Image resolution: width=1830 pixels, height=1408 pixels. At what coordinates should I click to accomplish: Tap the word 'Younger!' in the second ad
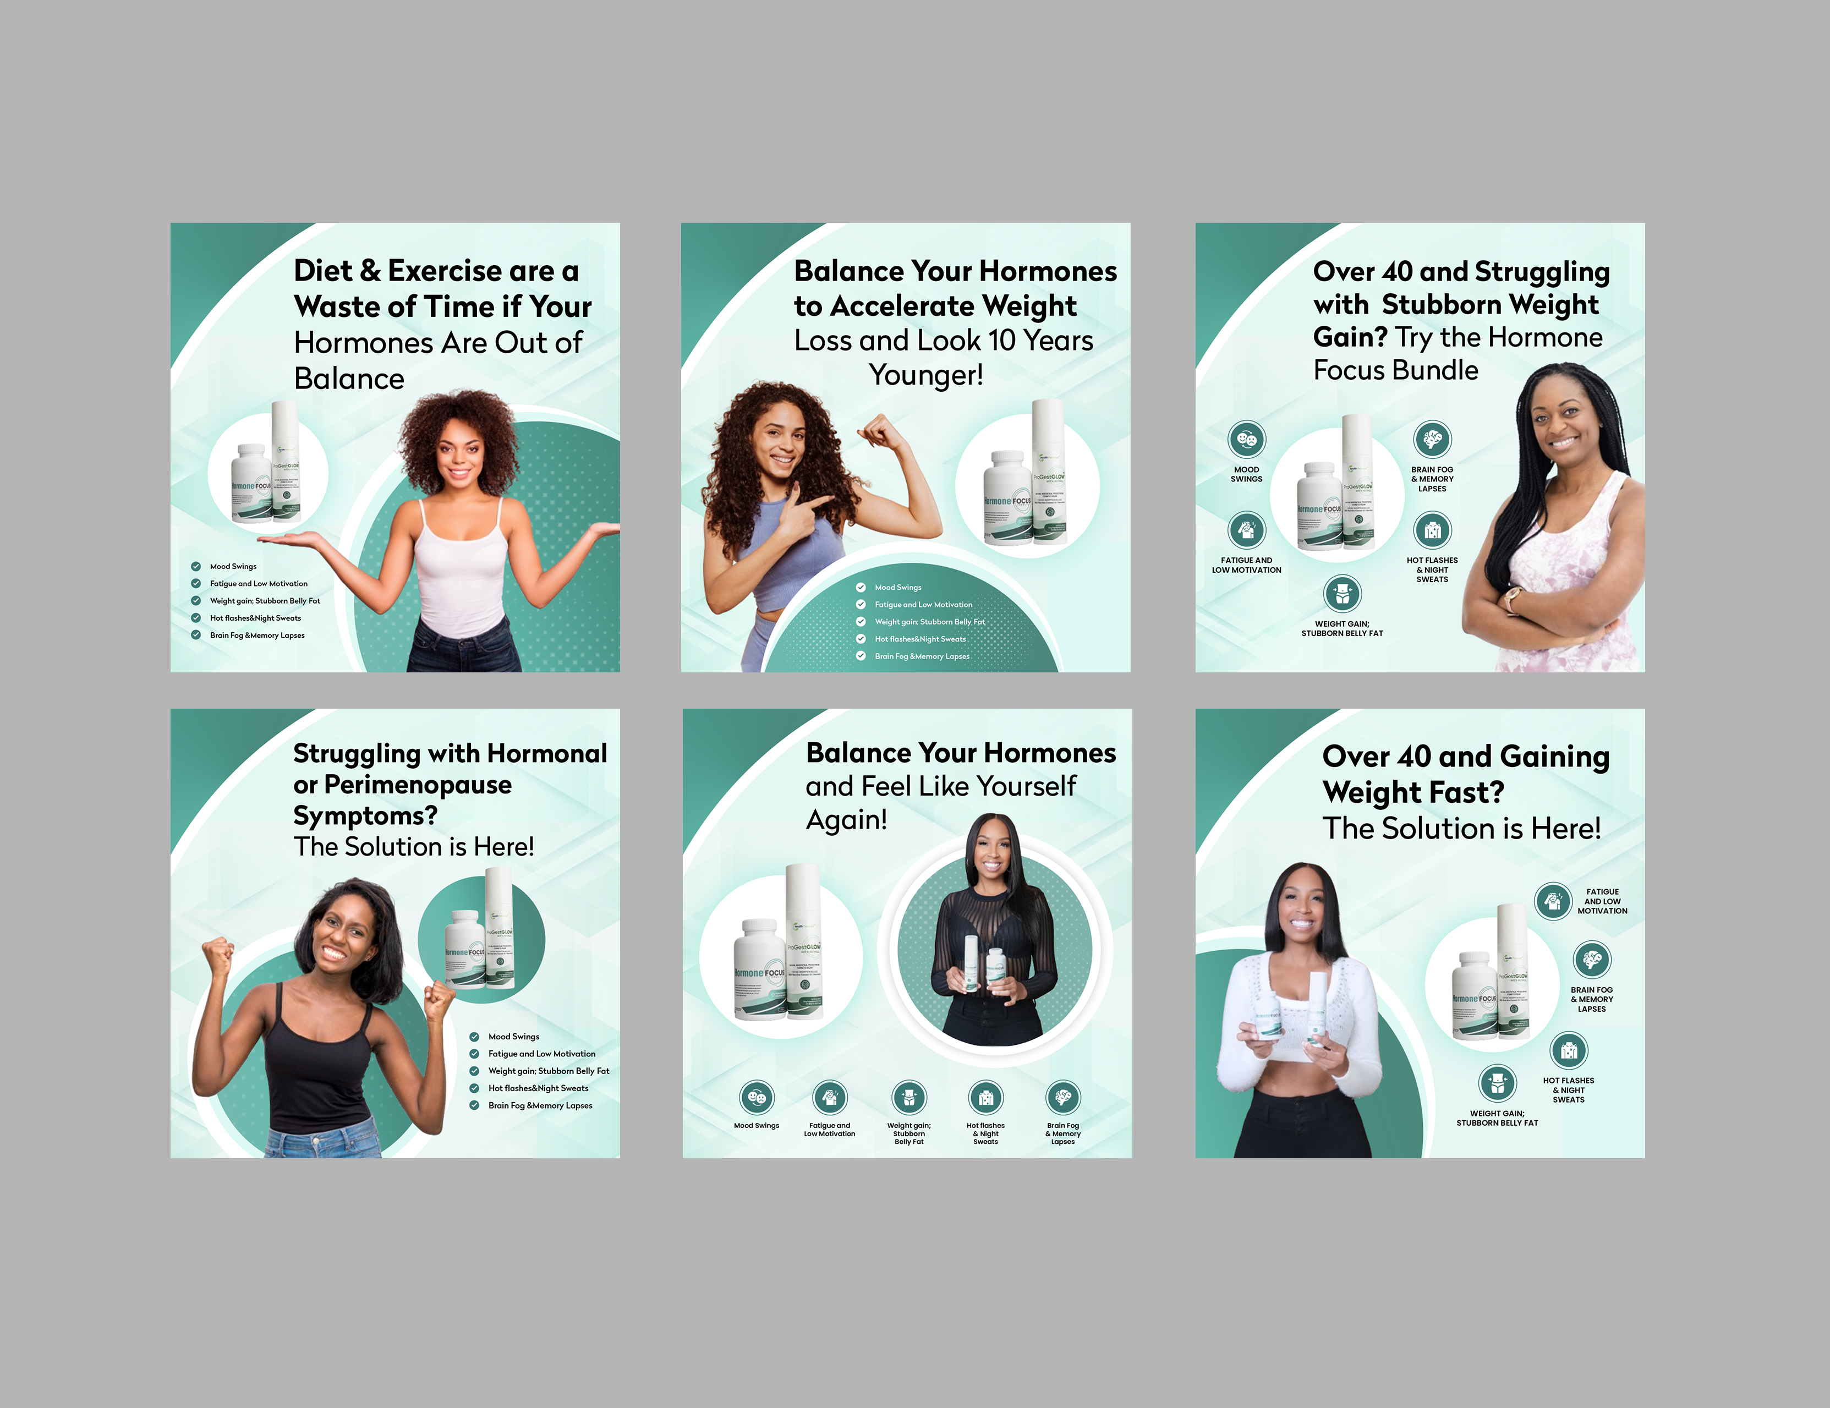coord(926,375)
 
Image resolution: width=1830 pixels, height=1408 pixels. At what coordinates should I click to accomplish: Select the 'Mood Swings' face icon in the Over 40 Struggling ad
coord(1246,439)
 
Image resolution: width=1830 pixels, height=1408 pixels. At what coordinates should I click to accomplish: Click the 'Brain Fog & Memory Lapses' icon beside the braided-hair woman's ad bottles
coord(1432,439)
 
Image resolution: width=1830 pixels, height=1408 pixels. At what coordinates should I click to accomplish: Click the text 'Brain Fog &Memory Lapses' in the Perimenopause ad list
coord(540,1105)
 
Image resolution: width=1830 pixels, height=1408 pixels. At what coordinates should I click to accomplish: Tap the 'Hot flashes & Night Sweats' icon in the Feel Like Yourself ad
coord(985,1097)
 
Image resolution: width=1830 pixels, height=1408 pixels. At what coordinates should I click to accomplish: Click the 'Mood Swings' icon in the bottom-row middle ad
coord(756,1097)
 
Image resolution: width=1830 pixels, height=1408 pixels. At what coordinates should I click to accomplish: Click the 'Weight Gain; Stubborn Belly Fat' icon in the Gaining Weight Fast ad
coord(1497,1083)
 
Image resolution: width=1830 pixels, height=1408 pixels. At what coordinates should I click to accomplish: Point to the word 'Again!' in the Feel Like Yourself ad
coord(846,820)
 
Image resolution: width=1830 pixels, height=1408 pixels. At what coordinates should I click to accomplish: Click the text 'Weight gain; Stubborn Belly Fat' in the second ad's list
coord(929,622)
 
